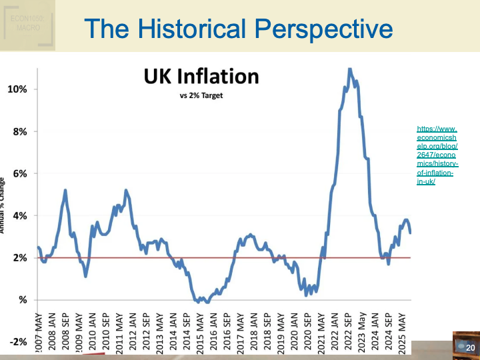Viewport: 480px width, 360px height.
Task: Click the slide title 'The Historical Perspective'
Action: pos(239,29)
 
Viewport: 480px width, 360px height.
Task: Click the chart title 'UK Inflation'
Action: pos(201,76)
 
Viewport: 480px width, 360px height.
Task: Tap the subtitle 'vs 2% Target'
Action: pos(201,95)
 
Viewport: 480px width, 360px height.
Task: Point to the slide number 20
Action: pos(469,348)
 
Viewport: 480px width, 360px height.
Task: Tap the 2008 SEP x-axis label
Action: pos(65,328)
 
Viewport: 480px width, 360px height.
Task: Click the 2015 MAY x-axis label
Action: pos(200,328)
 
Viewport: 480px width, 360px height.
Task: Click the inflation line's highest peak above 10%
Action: pos(349,69)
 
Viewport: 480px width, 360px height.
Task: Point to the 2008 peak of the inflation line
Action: pos(65,191)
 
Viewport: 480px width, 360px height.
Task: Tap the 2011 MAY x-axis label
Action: pos(119,328)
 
